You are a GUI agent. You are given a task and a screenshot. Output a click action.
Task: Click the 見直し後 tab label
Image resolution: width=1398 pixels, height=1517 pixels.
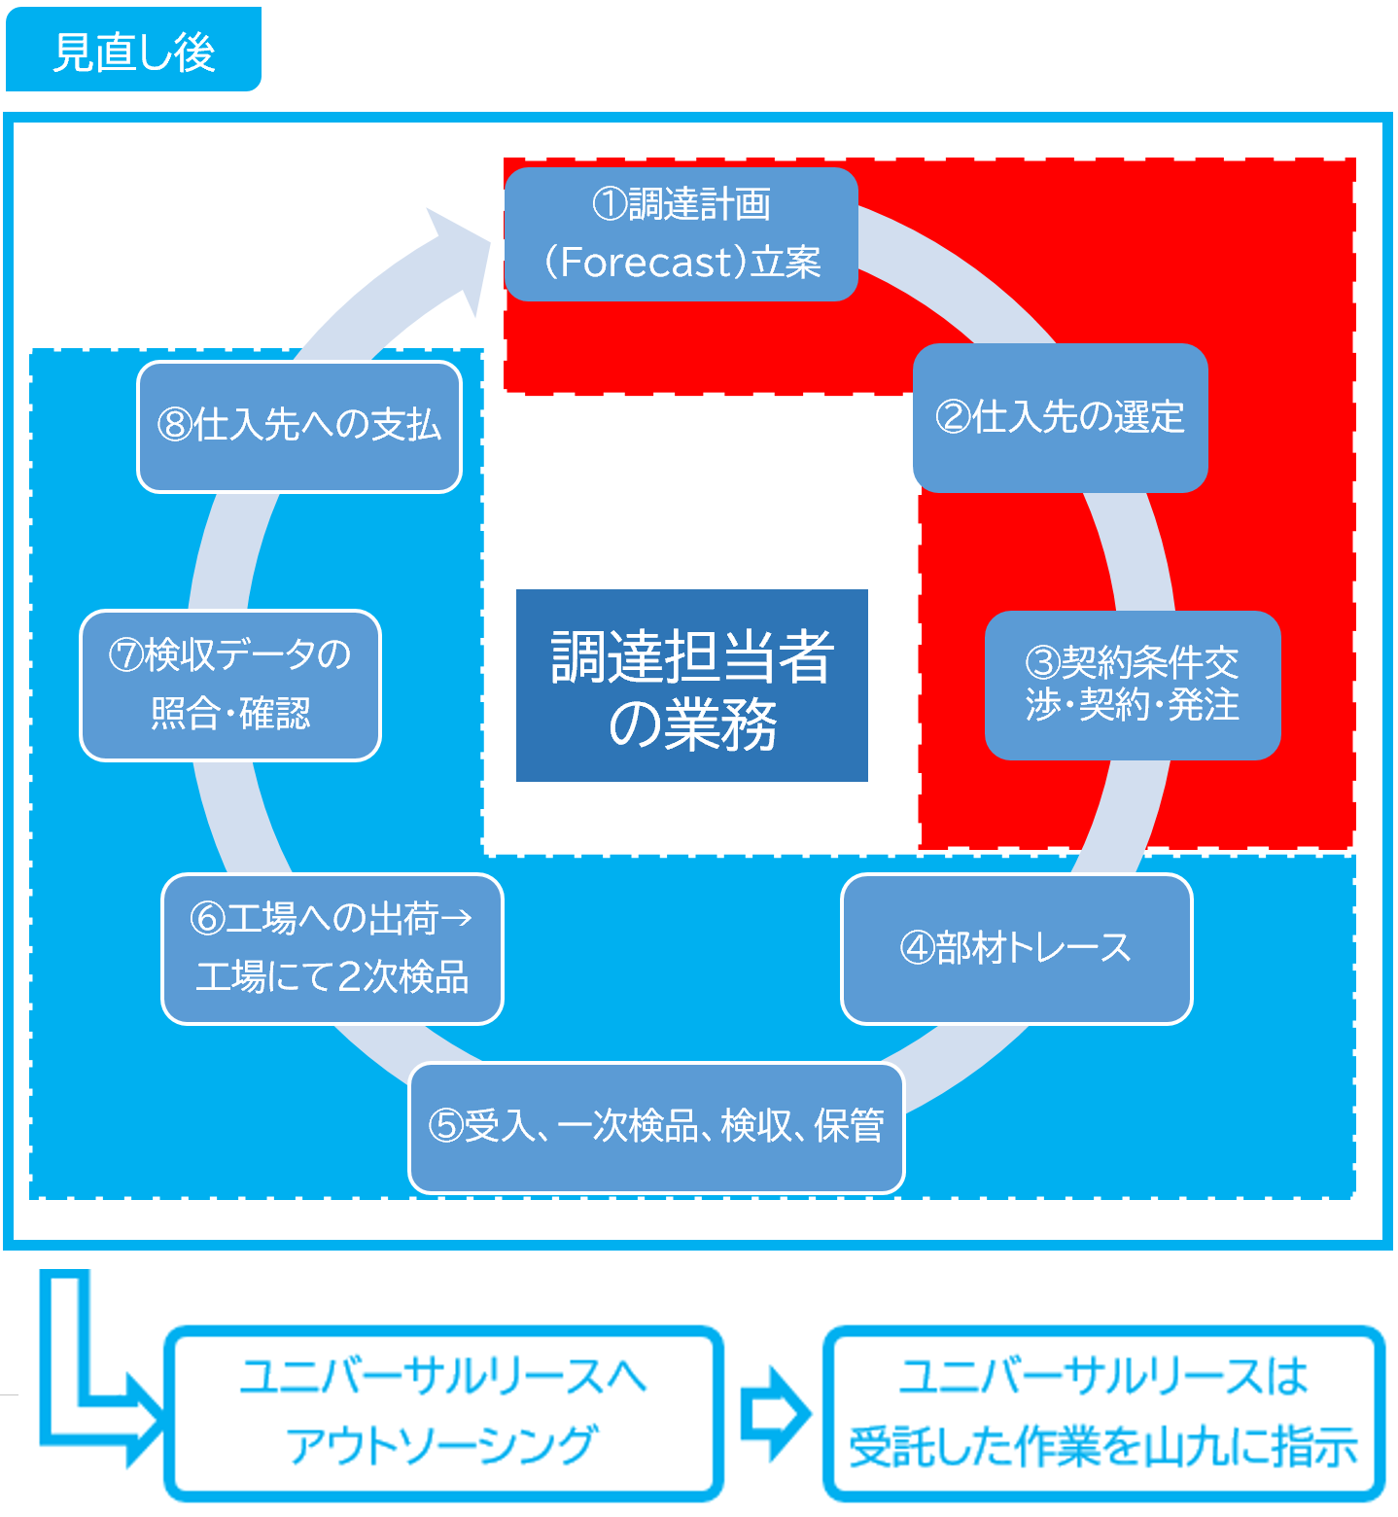pyautogui.click(x=133, y=51)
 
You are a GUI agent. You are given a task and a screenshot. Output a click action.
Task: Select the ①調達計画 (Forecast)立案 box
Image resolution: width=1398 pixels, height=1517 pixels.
pyautogui.click(x=681, y=233)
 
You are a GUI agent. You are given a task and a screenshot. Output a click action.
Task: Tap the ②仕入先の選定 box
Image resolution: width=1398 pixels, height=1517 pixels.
pyautogui.click(x=1060, y=417)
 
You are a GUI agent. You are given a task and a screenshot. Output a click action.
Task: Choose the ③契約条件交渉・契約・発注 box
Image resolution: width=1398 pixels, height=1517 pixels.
pyautogui.click(x=1133, y=685)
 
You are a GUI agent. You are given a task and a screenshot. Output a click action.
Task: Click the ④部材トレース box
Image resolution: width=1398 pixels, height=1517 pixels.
pyautogui.click(x=1016, y=948)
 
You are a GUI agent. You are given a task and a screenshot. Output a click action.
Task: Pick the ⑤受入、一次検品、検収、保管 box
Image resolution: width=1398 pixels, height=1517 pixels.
pyautogui.click(x=656, y=1127)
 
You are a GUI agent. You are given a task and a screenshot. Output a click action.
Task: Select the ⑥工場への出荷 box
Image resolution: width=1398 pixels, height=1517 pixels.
pyautogui.click(x=332, y=948)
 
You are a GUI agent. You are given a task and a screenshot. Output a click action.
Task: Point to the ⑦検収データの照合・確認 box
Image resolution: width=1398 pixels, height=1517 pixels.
pyautogui.click(x=230, y=685)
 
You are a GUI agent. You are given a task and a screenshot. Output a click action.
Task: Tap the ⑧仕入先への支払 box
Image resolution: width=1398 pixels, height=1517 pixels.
pyautogui.click(x=299, y=426)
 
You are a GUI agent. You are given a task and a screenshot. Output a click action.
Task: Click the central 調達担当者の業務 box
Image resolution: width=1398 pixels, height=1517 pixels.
pyautogui.click(x=691, y=686)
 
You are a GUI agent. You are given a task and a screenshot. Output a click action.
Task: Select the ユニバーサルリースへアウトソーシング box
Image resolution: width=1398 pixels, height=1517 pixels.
pyautogui.click(x=443, y=1412)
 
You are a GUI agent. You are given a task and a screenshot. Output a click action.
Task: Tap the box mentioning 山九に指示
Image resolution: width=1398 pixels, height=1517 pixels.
pyautogui.click(x=1103, y=1412)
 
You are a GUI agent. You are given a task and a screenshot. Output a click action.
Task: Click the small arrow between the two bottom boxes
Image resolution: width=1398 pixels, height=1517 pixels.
pyautogui.click(x=774, y=1413)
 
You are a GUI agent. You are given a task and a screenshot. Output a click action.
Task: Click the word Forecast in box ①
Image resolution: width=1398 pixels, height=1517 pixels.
pyautogui.click(x=646, y=263)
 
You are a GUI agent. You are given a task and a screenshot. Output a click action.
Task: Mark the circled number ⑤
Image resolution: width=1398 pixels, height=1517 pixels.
pyautogui.click(x=445, y=1127)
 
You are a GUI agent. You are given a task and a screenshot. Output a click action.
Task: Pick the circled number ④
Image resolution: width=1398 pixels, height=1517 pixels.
pyautogui.click(x=918, y=948)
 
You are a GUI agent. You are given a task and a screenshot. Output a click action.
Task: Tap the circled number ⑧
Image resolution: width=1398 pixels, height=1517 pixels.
pyautogui.click(x=175, y=426)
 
